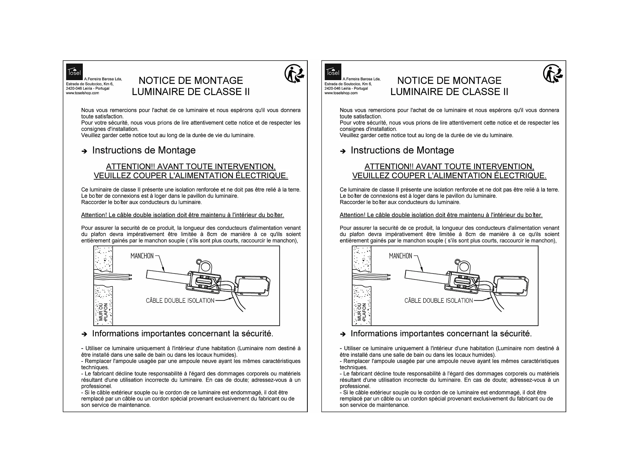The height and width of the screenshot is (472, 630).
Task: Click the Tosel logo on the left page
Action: coord(74,72)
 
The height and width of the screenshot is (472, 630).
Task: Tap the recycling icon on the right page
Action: coord(553,73)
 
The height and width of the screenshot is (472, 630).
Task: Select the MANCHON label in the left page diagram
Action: coord(142,256)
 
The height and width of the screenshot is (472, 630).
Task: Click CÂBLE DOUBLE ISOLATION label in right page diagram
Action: coord(438,301)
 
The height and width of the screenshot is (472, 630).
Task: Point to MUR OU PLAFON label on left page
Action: coord(103,312)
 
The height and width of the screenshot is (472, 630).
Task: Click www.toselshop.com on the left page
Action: coord(82,93)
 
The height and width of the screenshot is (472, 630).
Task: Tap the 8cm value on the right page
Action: coord(470,234)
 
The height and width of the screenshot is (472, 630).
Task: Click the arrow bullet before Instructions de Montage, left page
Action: coord(84,151)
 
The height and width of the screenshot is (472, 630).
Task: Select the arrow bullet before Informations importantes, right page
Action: coord(343,334)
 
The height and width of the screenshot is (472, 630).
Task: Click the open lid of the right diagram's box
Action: coord(511,286)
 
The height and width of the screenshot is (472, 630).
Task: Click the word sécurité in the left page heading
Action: coord(257,334)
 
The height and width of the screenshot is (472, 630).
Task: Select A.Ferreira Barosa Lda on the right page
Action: coord(361,79)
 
